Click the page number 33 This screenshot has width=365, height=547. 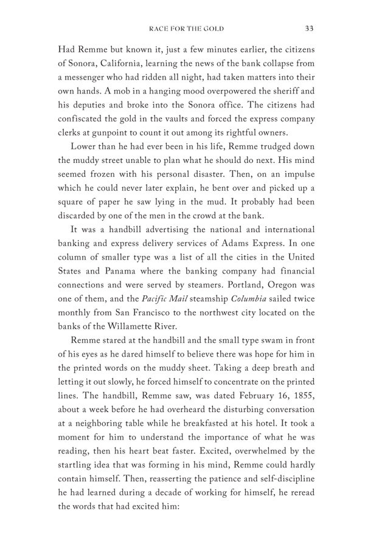pyautogui.click(x=309, y=28)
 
